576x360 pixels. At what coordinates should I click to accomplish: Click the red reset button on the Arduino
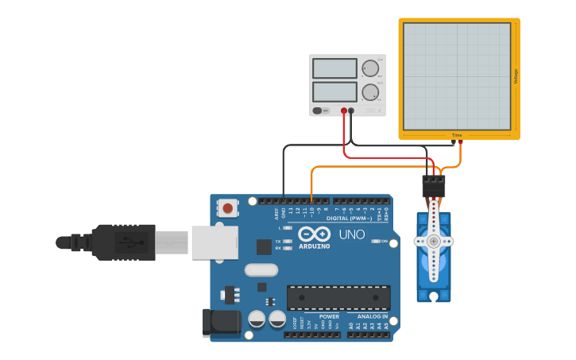pos(228,209)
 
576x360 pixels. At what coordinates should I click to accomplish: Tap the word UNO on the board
pos(352,234)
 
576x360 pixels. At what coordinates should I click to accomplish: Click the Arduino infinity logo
pos(315,234)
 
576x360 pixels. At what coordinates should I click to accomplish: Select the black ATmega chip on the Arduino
pos(338,298)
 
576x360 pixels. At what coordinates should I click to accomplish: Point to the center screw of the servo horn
pos(433,241)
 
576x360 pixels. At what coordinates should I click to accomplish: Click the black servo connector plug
pos(433,186)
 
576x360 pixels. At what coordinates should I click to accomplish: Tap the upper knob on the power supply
pos(369,68)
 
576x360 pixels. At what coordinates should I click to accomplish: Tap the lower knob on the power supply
pos(369,92)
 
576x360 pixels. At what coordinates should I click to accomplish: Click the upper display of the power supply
pos(334,68)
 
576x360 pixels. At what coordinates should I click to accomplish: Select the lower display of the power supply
pos(334,91)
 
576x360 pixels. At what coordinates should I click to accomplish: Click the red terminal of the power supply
pos(344,111)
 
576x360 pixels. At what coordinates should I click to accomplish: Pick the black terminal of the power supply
pos(351,111)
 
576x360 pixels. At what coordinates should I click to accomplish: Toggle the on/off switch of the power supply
pos(318,110)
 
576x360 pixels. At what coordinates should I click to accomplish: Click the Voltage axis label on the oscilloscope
pos(516,76)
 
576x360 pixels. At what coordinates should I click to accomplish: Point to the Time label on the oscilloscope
pos(457,135)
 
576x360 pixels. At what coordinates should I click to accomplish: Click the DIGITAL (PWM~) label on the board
pos(350,217)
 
